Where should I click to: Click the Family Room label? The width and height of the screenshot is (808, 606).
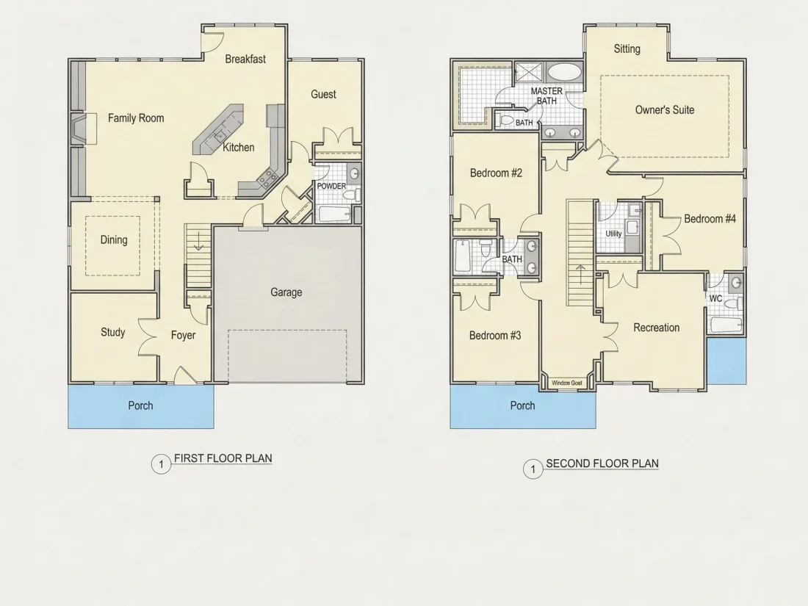point(136,118)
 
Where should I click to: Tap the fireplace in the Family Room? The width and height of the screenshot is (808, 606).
point(83,129)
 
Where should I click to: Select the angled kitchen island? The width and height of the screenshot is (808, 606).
point(218,129)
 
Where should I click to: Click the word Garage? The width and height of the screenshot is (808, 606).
point(286,292)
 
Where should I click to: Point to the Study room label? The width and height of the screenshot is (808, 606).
point(113,332)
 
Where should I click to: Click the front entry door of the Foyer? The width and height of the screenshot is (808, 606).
point(185,375)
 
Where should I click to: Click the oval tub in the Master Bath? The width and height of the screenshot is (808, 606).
point(563,72)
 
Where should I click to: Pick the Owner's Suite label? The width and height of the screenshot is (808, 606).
point(665,109)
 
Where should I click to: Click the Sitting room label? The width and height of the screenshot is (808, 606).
point(627,49)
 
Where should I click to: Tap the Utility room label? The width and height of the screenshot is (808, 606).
point(613,234)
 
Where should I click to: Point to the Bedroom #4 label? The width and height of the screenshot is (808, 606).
point(710,218)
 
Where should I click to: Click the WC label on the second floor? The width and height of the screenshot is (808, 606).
point(715,298)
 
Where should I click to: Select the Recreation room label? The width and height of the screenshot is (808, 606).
point(657,327)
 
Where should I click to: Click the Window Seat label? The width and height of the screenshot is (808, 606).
point(567,383)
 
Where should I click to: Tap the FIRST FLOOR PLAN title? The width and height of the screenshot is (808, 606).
point(223,458)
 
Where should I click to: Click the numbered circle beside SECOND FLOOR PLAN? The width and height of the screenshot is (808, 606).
point(533,469)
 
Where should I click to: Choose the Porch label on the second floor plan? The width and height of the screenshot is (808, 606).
point(522,405)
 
